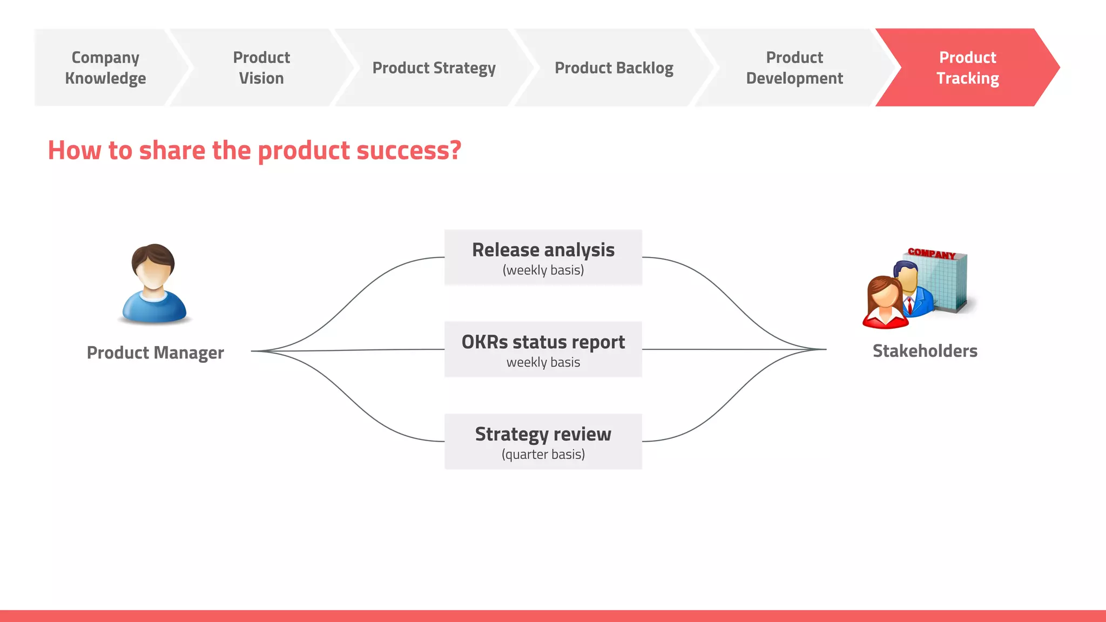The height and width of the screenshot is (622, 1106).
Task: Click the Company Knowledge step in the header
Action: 105,67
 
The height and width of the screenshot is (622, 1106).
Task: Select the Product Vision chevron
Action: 261,67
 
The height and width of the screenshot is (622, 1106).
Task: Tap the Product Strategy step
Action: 434,68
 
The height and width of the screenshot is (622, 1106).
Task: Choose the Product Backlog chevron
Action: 613,68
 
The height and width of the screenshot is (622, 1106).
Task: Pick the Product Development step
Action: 794,67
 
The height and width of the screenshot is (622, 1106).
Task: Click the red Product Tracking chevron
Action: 967,67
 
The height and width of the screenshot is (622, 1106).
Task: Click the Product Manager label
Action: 155,353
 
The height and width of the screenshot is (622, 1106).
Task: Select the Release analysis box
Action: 543,258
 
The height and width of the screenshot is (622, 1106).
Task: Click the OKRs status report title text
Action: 543,342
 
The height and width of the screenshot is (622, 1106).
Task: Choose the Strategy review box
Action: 543,442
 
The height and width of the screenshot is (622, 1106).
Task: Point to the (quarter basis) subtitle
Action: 543,455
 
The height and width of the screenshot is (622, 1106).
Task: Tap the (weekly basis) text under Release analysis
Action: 543,270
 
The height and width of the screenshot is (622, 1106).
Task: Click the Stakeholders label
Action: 925,351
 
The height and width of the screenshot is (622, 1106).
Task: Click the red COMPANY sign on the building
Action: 932,253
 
